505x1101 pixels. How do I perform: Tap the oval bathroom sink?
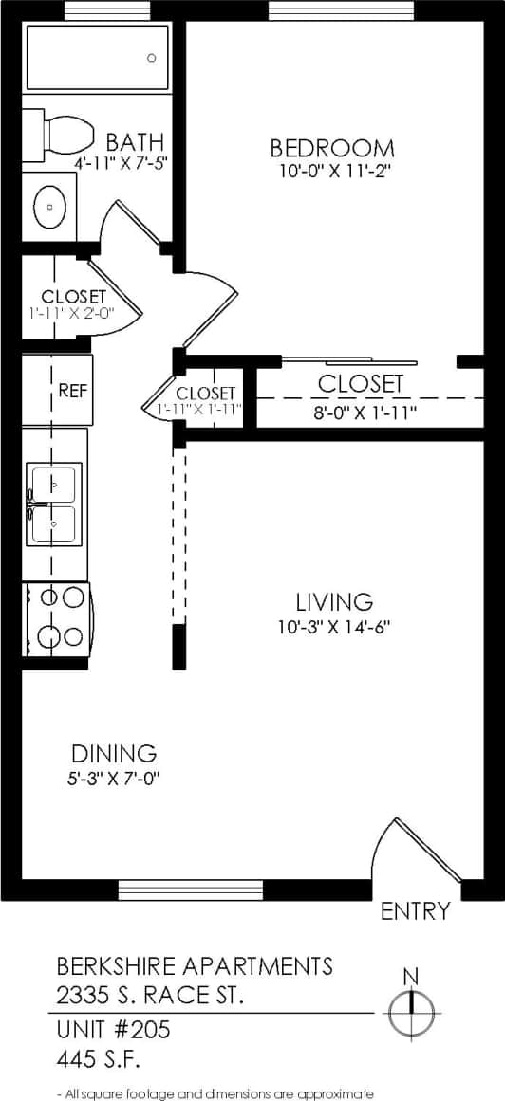click(x=50, y=205)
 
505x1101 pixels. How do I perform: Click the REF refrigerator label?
click(x=72, y=390)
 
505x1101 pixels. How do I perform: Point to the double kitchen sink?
click(x=55, y=504)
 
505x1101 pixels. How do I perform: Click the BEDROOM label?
click(x=331, y=148)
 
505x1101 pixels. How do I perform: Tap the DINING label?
click(x=114, y=754)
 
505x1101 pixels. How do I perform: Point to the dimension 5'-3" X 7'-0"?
click(x=114, y=778)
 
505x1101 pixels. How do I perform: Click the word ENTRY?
click(x=415, y=911)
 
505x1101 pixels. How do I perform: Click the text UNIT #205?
click(x=114, y=1029)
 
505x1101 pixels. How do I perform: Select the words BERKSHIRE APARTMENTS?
click(x=196, y=966)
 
